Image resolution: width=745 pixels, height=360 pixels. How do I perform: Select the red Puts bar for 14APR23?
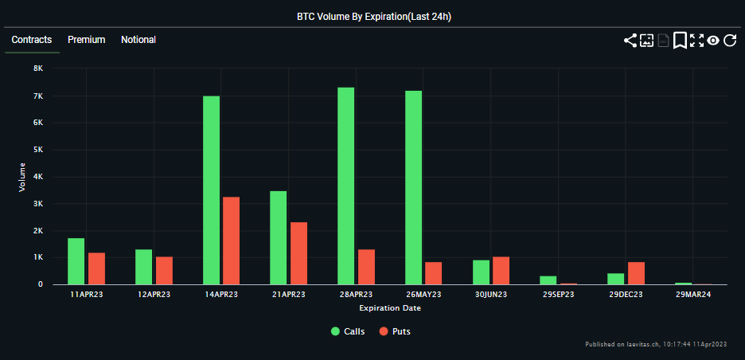[x=231, y=241]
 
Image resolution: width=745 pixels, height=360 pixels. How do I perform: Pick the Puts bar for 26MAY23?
[x=433, y=273]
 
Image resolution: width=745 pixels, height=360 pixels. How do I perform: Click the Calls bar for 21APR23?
[x=279, y=237]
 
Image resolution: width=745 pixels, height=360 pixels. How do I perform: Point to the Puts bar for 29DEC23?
[x=636, y=273]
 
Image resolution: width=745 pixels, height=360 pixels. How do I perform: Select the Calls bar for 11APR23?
[x=76, y=261]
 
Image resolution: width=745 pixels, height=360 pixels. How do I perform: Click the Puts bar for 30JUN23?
[x=501, y=271]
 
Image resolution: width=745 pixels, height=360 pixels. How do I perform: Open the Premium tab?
[x=86, y=40]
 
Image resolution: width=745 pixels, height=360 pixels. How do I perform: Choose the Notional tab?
[x=138, y=40]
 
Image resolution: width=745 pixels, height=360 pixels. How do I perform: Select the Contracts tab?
[x=32, y=40]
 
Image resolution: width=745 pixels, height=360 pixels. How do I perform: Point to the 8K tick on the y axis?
[x=37, y=69]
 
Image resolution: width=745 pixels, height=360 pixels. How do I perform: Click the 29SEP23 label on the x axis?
[x=558, y=295]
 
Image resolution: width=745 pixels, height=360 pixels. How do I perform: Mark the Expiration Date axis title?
[x=390, y=307]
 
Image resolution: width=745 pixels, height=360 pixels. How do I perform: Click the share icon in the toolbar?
[x=630, y=41]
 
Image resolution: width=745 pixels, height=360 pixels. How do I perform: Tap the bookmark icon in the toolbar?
[x=680, y=41]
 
